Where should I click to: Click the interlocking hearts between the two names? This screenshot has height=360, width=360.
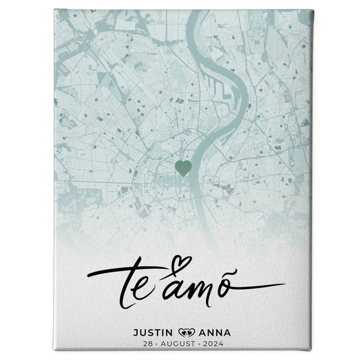pos(185,332)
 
